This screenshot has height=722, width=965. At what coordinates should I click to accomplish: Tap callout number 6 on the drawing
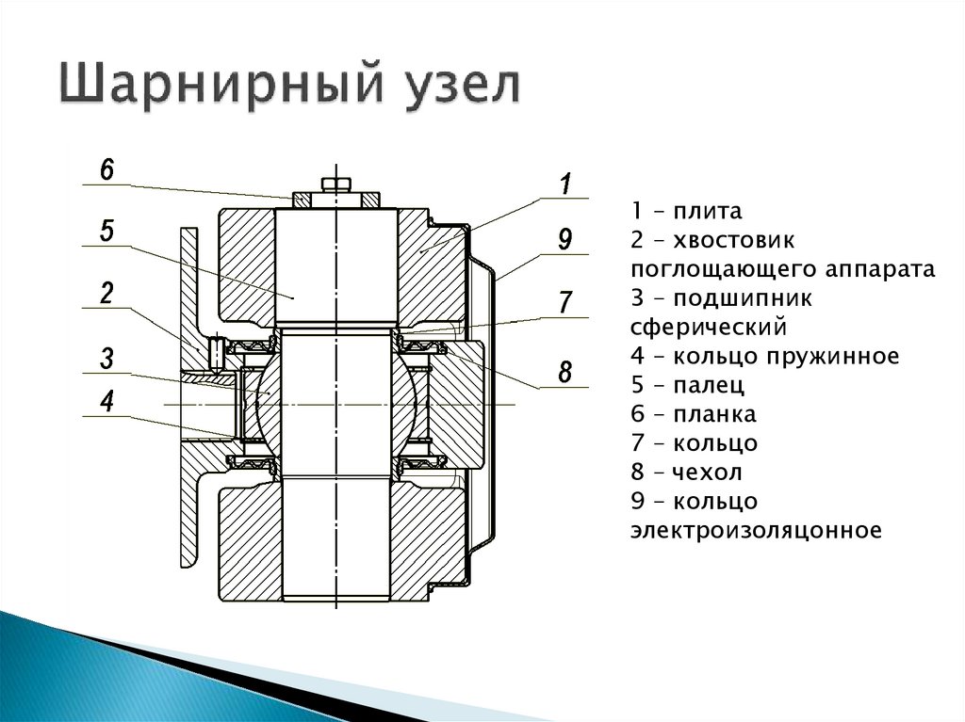click(106, 170)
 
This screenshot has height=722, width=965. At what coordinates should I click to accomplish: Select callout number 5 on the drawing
click(106, 232)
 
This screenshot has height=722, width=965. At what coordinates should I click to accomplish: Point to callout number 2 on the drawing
click(106, 293)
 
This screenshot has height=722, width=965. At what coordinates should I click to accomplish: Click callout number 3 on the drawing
click(106, 358)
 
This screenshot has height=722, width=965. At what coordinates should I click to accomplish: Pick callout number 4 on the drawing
click(106, 402)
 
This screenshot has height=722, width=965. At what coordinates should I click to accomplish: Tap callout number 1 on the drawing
click(565, 184)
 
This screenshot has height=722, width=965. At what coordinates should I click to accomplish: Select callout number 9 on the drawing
click(564, 239)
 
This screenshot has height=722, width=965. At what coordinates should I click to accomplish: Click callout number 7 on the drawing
click(564, 302)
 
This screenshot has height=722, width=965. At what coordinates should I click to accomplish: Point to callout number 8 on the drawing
click(564, 372)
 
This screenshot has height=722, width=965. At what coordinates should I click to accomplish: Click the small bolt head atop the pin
click(335, 184)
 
